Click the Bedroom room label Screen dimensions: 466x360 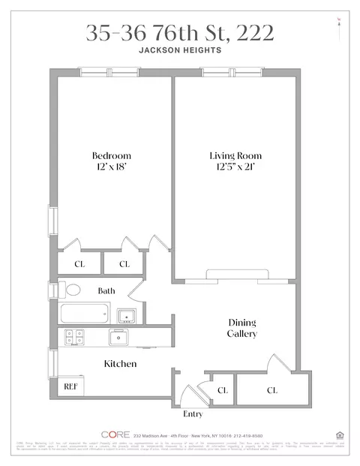(112, 156)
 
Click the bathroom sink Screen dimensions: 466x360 (126, 315)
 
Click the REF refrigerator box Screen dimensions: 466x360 (71, 386)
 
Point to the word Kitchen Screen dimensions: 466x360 (119, 364)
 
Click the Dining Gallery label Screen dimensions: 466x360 (243, 328)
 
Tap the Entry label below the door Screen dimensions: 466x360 (193, 413)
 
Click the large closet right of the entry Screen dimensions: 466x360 (271, 390)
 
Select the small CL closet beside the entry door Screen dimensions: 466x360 (223, 390)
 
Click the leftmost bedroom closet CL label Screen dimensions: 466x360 (79, 264)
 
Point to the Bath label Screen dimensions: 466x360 (106, 290)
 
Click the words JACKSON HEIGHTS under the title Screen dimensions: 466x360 (179, 53)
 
